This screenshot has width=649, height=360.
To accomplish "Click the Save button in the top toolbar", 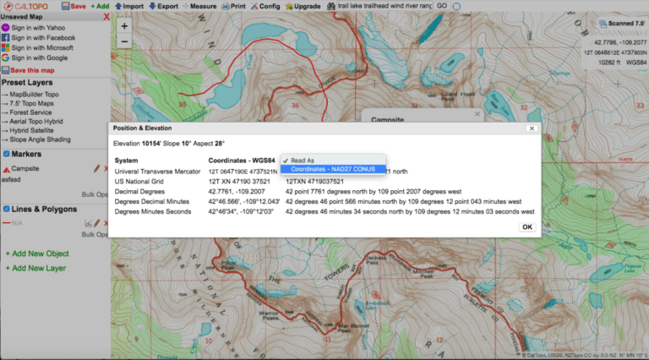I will point(74,6).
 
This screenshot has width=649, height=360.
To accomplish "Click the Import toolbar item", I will point(129,6).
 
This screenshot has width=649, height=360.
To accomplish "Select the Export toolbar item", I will point(164,6).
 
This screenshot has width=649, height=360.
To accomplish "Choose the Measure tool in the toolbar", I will point(199,6).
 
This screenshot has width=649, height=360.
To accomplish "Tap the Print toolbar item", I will point(234,6).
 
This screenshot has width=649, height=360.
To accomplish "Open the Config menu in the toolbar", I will point(267,6).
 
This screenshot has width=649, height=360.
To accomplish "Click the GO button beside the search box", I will point(442,6).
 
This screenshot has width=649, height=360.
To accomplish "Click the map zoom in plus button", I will point(124,25).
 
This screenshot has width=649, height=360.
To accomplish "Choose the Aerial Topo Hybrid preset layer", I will point(35,121).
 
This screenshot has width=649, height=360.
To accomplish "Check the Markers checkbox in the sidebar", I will point(7,154).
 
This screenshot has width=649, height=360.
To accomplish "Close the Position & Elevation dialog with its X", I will point(531,128).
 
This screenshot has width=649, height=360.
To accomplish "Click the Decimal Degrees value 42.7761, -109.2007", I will point(231,192).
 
